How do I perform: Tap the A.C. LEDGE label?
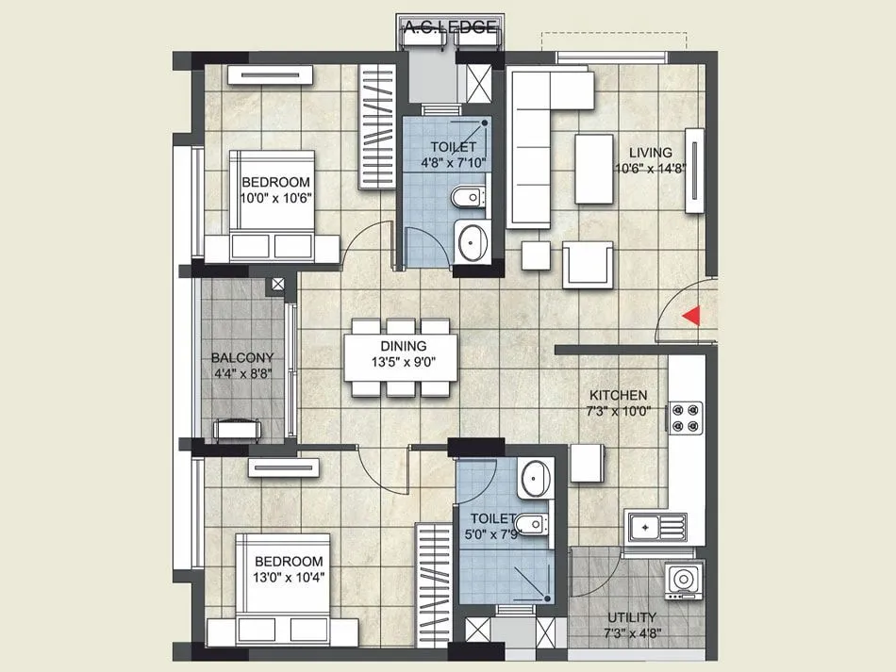click(x=450, y=27)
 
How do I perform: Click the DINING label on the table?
click(x=404, y=347)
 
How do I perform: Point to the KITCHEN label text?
click(x=618, y=395)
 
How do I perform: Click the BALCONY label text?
click(x=242, y=357)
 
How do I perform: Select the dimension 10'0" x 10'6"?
click(x=275, y=198)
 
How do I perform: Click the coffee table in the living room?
click(x=594, y=168)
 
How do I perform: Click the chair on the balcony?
click(x=239, y=430)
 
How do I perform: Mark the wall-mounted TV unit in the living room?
click(x=696, y=171)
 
